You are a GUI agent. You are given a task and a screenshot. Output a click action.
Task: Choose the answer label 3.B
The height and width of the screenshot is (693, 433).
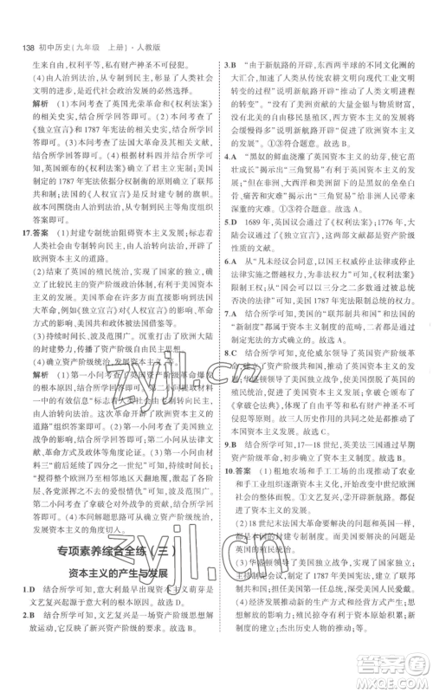pos(231,63)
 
